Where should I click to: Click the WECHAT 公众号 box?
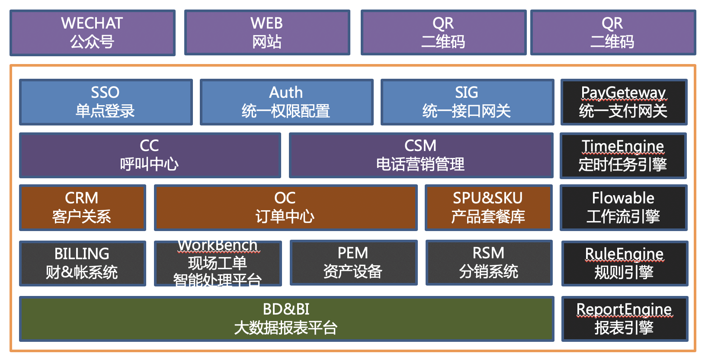[x=92, y=33]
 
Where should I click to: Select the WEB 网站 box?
[x=267, y=33]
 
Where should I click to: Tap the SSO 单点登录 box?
[x=106, y=102]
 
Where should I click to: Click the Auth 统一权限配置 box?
[x=286, y=102]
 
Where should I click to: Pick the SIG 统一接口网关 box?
[x=467, y=102]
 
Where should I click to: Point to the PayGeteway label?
[x=623, y=93]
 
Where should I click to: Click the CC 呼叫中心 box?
[x=150, y=155]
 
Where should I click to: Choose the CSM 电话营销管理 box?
[x=420, y=155]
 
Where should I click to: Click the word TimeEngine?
[x=622, y=146]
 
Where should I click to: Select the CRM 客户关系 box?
[x=82, y=208]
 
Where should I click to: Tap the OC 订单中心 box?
[x=285, y=208]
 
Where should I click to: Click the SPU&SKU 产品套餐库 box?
[x=488, y=208]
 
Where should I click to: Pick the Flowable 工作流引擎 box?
[x=623, y=208]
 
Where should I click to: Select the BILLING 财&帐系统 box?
[x=82, y=263]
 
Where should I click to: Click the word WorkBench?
[x=218, y=245]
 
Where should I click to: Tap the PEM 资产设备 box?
[x=353, y=263]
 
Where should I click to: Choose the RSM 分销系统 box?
[x=489, y=263]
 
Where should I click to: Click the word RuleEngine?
[x=624, y=254]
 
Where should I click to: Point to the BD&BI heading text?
[x=286, y=309]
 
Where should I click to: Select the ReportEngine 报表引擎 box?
[x=624, y=319]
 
